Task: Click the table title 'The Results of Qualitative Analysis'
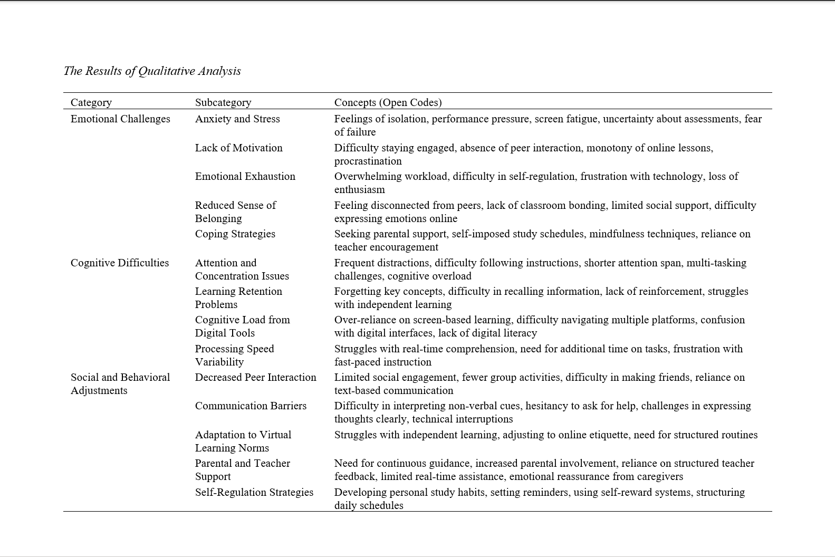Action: pyautogui.click(x=152, y=71)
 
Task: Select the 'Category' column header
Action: pyautogui.click(x=91, y=102)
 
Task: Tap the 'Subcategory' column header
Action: pyautogui.click(x=223, y=102)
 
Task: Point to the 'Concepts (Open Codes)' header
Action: pyautogui.click(x=388, y=102)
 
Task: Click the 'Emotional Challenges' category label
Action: pyautogui.click(x=120, y=119)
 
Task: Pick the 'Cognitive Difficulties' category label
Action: pyautogui.click(x=120, y=263)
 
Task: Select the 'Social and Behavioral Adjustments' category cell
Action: pyautogui.click(x=120, y=383)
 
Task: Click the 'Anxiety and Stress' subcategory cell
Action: pyautogui.click(x=237, y=119)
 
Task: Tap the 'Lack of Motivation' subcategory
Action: pyautogui.click(x=238, y=148)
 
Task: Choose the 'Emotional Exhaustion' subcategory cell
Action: pyautogui.click(x=245, y=176)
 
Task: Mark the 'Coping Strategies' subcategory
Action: pyautogui.click(x=235, y=234)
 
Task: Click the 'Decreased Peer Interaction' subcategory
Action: pyautogui.click(x=255, y=377)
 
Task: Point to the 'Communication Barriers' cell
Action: pyautogui.click(x=251, y=406)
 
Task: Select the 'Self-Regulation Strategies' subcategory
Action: pyautogui.click(x=254, y=492)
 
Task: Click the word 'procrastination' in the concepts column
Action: pyautogui.click(x=368, y=161)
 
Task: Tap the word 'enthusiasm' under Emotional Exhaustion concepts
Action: pyautogui.click(x=359, y=189)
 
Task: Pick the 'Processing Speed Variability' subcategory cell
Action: pyautogui.click(x=234, y=355)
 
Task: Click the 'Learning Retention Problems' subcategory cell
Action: pyautogui.click(x=238, y=297)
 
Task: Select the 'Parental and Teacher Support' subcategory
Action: pyautogui.click(x=242, y=469)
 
